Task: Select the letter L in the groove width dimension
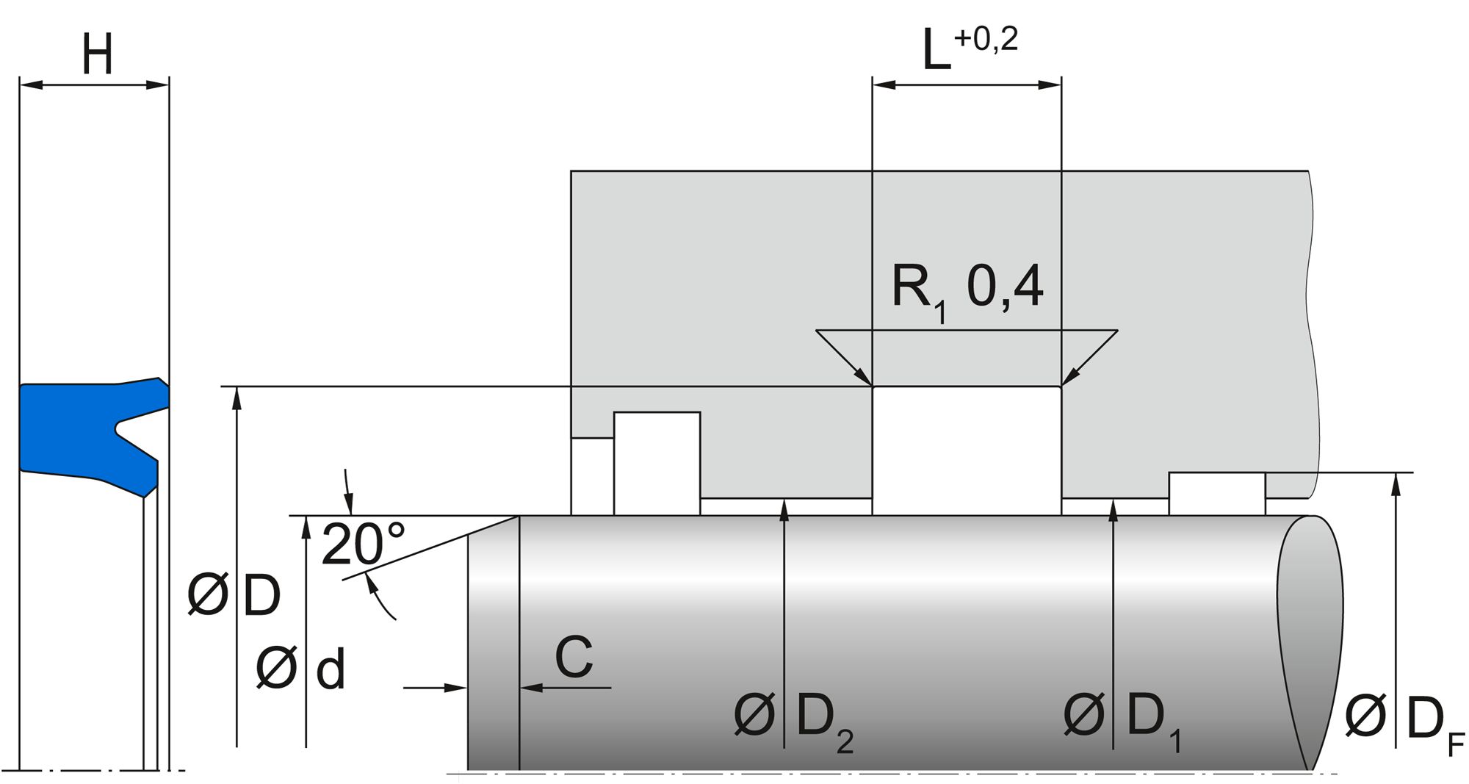[x=936, y=52]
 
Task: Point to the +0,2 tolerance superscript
[x=986, y=39]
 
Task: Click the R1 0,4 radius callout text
[x=966, y=288]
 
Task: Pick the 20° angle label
[x=362, y=544]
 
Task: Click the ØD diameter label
[x=234, y=596]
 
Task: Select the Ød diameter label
[x=300, y=669]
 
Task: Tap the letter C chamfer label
[x=574, y=657]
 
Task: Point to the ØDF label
[x=1404, y=719]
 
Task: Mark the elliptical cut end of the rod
[x=1312, y=639]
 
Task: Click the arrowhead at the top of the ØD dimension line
[x=237, y=396]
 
